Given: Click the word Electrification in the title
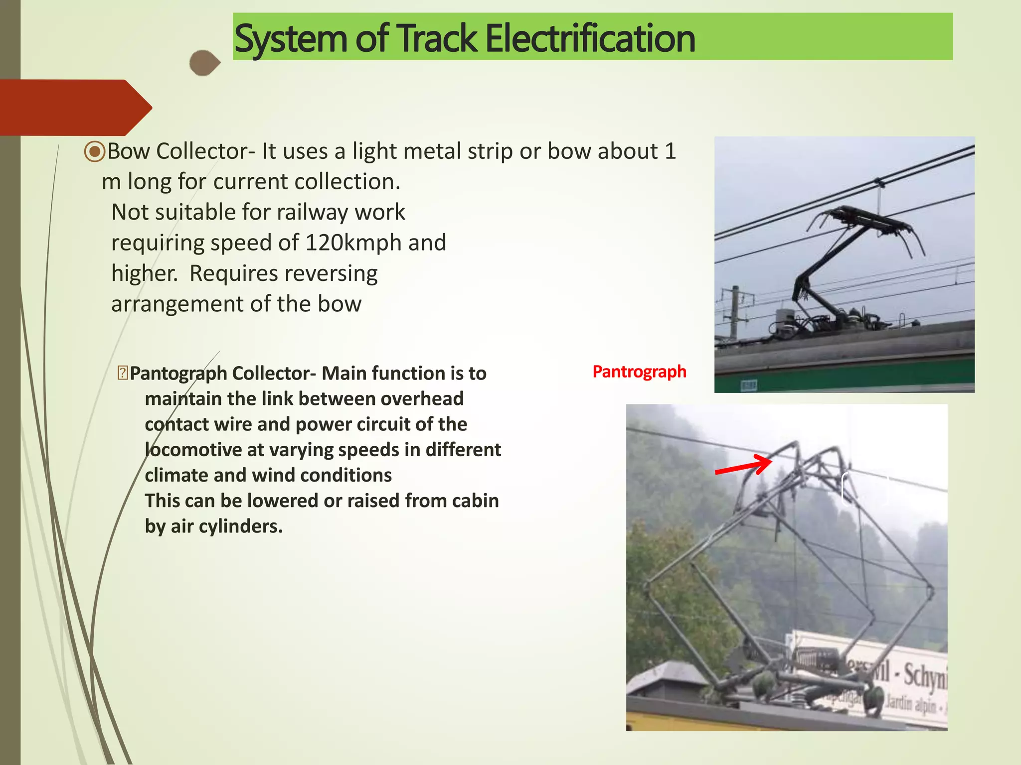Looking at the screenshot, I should [590, 39].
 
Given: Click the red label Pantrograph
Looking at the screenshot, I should [639, 372].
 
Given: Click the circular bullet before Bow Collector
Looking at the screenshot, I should [95, 151].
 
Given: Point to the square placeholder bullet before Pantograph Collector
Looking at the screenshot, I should [123, 373].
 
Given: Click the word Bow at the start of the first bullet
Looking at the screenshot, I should [129, 151].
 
